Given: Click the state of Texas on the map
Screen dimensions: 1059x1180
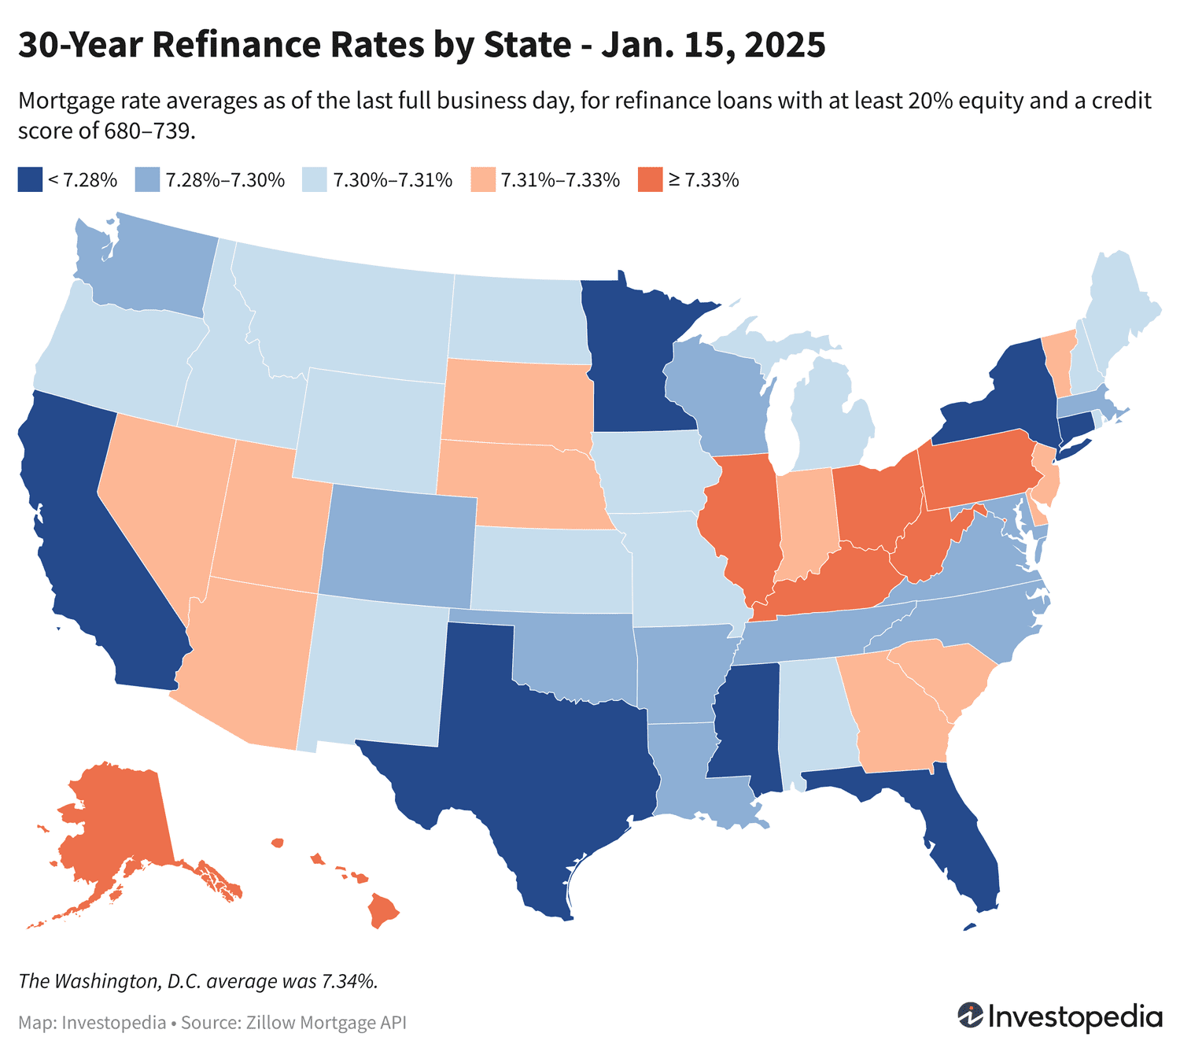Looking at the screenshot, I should (x=535, y=755).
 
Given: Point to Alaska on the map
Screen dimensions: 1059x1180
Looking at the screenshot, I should (x=114, y=818).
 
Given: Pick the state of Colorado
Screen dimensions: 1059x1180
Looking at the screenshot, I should (x=397, y=543).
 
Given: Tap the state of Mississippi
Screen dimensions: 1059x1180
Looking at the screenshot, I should (x=747, y=724).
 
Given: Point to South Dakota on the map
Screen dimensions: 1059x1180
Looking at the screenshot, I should (x=515, y=401).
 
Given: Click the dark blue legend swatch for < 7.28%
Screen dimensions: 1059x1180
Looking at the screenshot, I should (x=29, y=179).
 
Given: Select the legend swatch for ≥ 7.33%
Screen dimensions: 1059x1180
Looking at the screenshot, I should (x=650, y=179).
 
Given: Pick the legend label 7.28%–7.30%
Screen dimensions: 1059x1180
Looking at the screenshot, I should (x=224, y=180).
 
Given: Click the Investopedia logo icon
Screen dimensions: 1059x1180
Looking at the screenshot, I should (x=969, y=1015).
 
